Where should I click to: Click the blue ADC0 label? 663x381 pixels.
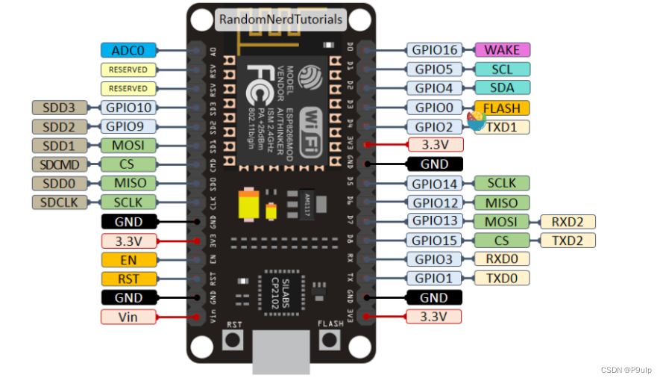pyautogui.click(x=128, y=50)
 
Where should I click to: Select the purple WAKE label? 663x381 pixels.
pyautogui.click(x=502, y=50)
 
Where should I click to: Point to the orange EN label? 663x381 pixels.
pyautogui.click(x=128, y=260)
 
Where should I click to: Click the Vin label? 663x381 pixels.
pyautogui.click(x=128, y=317)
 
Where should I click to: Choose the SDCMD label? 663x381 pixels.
pyautogui.click(x=60, y=164)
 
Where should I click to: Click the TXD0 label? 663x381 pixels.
pyautogui.click(x=502, y=278)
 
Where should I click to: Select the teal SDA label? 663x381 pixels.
pyautogui.click(x=502, y=88)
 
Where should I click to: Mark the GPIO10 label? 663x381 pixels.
pyautogui.click(x=128, y=108)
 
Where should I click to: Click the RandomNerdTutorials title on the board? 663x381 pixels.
pyautogui.click(x=281, y=19)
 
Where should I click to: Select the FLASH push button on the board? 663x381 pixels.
pyautogui.click(x=329, y=341)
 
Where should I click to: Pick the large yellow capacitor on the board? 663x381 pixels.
pyautogui.click(x=247, y=205)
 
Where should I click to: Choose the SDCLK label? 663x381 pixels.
pyautogui.click(x=60, y=202)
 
